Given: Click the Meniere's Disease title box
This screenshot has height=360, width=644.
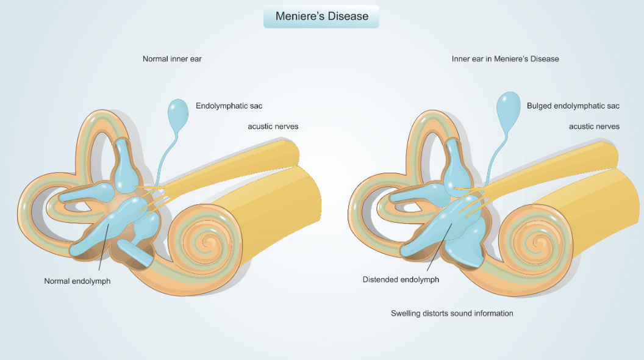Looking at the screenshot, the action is coord(321,16).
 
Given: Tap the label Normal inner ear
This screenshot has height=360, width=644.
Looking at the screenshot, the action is coord(172,59).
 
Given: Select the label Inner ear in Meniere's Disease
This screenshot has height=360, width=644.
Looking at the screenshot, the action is coord(505,59).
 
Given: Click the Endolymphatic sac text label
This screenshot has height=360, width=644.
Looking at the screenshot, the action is coord(229,106).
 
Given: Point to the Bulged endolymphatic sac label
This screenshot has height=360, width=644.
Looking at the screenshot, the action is coord(573,106).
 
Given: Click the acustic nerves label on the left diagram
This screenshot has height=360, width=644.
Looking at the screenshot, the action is coord(273,127).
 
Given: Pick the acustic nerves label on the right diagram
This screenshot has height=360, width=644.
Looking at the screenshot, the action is coord(594,127).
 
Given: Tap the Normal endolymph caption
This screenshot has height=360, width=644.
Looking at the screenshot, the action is coord(77,281).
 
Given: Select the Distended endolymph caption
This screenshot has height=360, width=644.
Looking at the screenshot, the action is coord(401,280).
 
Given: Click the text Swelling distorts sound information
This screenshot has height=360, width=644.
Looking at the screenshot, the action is coord(452,314).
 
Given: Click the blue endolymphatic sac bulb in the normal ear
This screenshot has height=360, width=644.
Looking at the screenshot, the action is coord(178,113).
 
